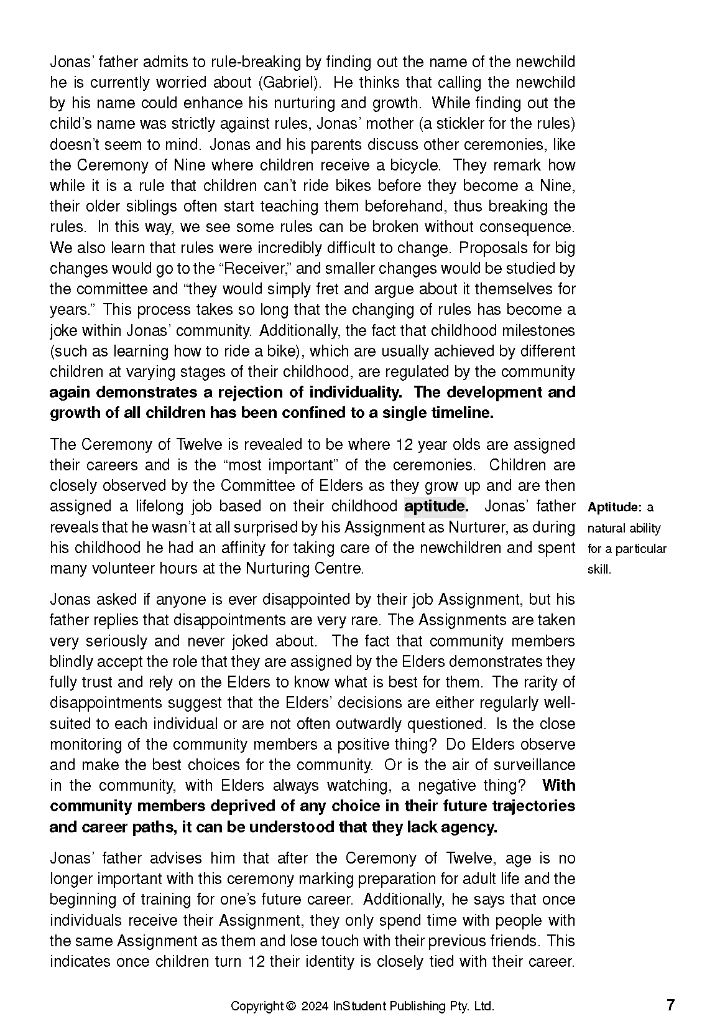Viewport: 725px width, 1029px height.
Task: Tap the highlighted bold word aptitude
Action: click(x=435, y=506)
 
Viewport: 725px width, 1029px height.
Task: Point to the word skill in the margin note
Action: click(x=599, y=570)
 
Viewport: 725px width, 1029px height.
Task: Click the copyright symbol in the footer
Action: click(x=290, y=1006)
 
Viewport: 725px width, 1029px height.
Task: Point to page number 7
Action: click(x=670, y=1005)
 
